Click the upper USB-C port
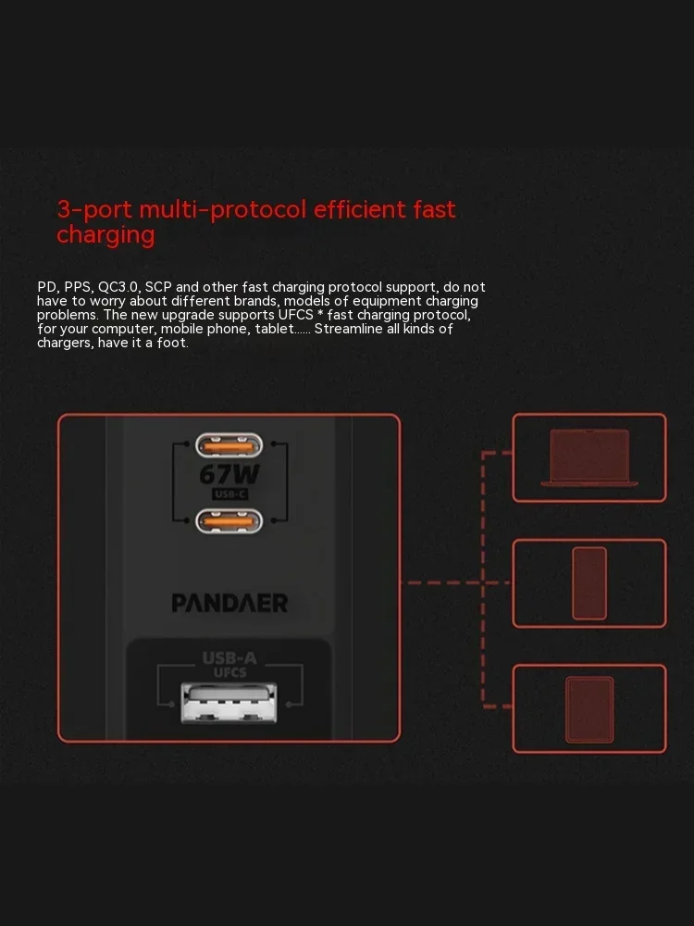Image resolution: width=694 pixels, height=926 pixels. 229,445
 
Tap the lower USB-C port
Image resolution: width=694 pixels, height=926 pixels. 229,520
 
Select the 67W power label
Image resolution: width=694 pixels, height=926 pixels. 229,474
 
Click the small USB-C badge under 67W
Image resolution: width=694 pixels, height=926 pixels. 229,494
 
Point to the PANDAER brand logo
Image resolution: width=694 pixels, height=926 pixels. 229,603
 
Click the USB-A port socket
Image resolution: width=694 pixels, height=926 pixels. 229,703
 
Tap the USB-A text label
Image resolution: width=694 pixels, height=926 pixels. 229,657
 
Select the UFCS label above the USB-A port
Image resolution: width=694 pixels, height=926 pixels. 230,672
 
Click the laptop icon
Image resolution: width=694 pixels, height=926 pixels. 589,457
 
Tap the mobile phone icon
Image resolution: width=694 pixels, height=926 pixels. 589,583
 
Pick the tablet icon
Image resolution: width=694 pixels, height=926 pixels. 589,709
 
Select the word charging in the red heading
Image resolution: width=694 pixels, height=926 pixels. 105,235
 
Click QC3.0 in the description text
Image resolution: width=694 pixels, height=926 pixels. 118,288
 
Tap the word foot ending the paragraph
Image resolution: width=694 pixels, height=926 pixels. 171,343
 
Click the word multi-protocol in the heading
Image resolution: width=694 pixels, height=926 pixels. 223,210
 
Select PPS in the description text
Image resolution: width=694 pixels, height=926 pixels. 78,288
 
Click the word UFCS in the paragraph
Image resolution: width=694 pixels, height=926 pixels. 296,315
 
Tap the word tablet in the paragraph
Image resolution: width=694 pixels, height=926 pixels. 275,329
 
